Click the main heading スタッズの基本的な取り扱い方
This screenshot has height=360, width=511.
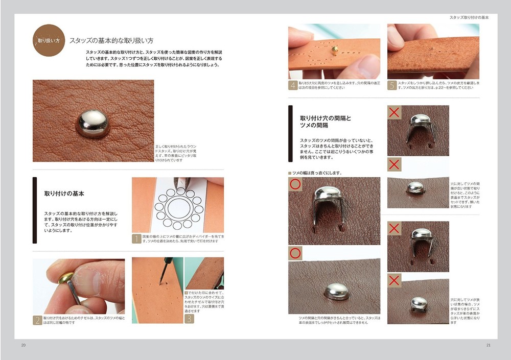111,40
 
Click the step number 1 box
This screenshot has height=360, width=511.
136,238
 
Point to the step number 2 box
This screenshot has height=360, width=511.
37,321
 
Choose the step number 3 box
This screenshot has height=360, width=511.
189,319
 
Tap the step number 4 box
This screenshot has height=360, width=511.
293,85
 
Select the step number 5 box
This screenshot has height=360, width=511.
392,85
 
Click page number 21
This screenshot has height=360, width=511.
488,346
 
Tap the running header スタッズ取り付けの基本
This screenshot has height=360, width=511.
469,17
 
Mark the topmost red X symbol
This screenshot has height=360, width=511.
394,112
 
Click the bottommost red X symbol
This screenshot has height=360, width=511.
394,280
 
